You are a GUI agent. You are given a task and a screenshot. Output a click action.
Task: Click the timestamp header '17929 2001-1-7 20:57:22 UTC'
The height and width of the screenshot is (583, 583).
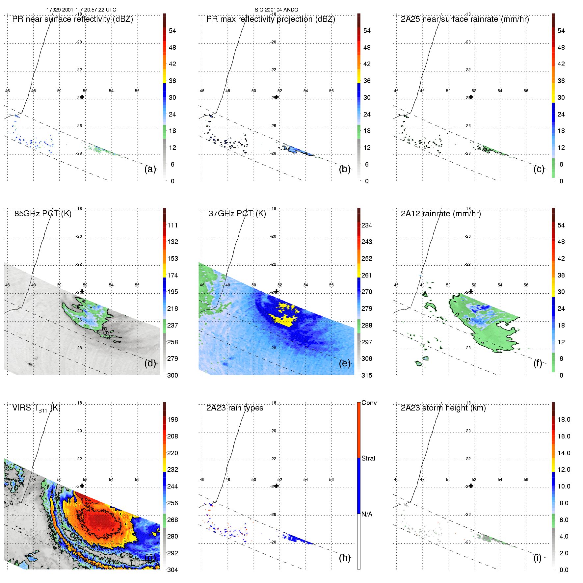[81, 10]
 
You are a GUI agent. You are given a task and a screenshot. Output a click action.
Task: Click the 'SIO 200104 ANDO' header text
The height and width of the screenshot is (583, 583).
[276, 10]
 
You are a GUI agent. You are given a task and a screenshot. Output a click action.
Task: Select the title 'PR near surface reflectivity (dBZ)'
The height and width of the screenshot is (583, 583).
[72, 19]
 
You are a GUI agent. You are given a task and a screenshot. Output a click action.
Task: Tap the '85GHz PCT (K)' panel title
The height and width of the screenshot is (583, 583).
[43, 214]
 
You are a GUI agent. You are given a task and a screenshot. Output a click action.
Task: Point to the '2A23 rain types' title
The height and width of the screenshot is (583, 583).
[234, 408]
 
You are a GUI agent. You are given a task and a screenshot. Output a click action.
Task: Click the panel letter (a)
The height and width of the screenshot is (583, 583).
[150, 169]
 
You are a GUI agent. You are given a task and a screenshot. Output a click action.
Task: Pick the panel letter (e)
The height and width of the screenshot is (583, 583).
[344, 363]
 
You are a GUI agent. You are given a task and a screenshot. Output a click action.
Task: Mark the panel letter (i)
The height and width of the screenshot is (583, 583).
[537, 558]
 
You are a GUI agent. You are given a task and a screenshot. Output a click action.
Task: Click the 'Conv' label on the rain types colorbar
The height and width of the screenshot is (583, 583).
[369, 403]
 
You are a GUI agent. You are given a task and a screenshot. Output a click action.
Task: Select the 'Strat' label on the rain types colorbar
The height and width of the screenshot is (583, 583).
[368, 459]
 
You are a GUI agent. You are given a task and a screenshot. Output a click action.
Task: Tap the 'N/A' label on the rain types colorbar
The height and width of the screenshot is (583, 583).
[367, 514]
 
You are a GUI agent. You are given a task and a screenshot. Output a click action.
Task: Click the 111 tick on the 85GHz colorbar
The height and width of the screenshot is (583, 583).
[172, 225]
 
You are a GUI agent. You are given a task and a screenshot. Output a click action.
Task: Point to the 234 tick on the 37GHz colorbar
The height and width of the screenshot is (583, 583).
[367, 225]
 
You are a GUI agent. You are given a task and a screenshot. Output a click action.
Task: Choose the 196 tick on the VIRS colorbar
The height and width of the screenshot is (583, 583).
[172, 420]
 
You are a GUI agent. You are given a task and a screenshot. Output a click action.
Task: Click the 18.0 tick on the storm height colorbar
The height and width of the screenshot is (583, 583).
[564, 420]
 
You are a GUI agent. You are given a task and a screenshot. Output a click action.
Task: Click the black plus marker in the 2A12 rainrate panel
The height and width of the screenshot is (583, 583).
[471, 291]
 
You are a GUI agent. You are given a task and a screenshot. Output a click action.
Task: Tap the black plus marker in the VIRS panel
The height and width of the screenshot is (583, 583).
[82, 486]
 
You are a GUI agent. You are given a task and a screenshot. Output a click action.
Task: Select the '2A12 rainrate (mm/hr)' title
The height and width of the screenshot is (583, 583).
[441, 214]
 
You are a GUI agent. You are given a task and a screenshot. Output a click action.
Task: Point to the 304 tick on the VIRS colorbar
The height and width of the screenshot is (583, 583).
[172, 570]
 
